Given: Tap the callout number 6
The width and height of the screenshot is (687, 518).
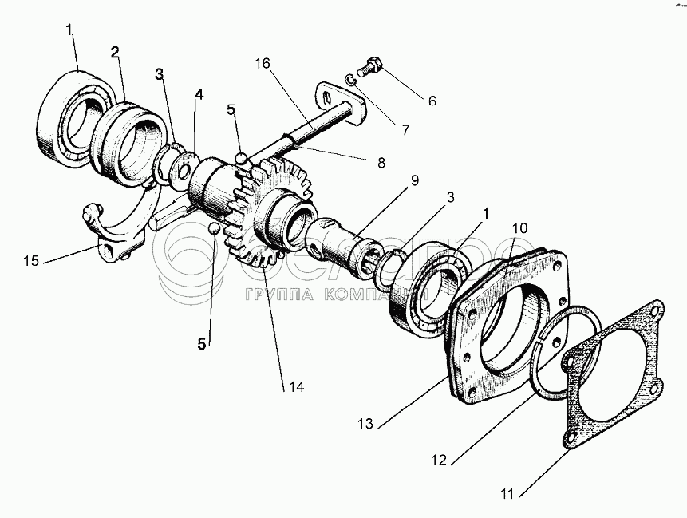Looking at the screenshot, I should point(432,101).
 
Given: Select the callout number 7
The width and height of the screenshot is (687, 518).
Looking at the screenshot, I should point(407,128).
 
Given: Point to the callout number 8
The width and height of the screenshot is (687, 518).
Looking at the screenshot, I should point(380,161).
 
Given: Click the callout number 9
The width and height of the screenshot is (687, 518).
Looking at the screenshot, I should point(415,180).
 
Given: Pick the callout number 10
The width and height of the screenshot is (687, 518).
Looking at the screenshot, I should point(519,228).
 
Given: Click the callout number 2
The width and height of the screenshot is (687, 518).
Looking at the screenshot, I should point(116,53).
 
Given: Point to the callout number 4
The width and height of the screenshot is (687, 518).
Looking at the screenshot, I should point(199,94).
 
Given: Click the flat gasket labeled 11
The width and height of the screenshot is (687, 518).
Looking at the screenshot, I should point(610,375).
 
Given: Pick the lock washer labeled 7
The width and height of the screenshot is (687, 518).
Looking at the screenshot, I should point(352,77).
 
